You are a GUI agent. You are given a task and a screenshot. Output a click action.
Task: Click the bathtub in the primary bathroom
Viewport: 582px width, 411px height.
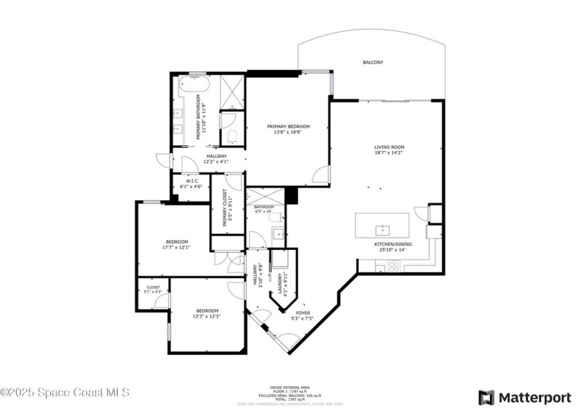point(195,87)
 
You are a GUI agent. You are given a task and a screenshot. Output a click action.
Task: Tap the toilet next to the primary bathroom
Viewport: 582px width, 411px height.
point(232,134)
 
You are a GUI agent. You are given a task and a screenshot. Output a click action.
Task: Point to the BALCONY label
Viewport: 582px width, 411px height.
point(373,63)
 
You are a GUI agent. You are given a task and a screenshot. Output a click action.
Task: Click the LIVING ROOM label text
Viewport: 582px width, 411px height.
point(389,147)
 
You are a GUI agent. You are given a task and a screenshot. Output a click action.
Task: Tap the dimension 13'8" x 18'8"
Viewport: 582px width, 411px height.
point(289,133)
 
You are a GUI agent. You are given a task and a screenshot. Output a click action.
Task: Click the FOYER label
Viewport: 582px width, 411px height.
point(306,313)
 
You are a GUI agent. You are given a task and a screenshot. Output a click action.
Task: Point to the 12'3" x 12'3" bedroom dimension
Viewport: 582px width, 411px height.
point(206,316)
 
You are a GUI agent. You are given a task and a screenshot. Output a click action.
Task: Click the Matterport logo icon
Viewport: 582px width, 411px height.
point(486,398)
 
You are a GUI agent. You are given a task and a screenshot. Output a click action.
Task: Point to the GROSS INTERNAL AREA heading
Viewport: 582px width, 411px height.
point(290,387)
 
